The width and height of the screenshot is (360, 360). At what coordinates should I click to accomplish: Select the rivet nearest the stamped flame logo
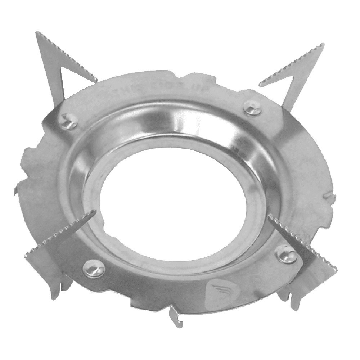[x=287, y=254]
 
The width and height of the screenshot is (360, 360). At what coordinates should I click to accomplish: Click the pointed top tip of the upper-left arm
[x=37, y=33]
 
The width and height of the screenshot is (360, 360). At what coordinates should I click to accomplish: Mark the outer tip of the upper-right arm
[x=323, y=45]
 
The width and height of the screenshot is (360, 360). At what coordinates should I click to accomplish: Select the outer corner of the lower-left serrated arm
[x=26, y=255]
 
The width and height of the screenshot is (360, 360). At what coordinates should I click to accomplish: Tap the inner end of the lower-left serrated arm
[x=94, y=212]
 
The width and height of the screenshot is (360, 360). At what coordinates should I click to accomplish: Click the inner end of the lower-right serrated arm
[x=270, y=216]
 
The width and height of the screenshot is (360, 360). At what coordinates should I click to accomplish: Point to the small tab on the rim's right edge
[x=329, y=196]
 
